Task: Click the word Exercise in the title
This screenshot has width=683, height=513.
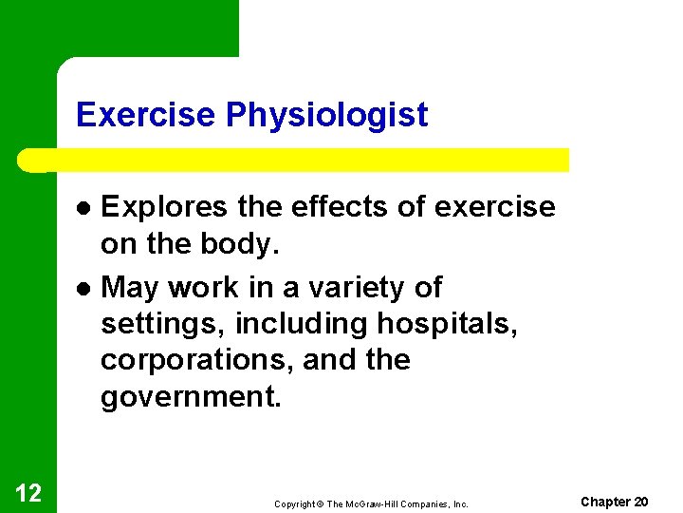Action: pyautogui.click(x=147, y=115)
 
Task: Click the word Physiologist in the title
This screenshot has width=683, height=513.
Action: pyautogui.click(x=327, y=116)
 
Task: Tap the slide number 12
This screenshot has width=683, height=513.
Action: pyautogui.click(x=28, y=492)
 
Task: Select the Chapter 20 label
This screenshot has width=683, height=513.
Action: pyautogui.click(x=614, y=502)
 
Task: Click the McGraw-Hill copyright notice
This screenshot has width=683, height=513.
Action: pyautogui.click(x=371, y=503)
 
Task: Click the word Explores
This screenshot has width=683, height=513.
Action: pyautogui.click(x=161, y=207)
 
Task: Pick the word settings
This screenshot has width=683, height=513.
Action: pyautogui.click(x=163, y=324)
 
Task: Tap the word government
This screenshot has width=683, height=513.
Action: pyautogui.click(x=191, y=397)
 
